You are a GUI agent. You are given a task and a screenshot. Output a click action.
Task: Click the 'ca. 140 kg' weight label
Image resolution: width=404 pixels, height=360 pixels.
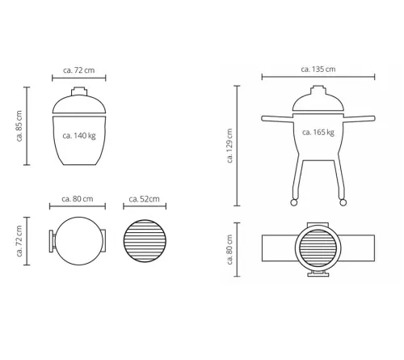pos(79,136)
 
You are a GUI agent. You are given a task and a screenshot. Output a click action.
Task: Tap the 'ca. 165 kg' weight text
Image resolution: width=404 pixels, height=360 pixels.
pos(318,133)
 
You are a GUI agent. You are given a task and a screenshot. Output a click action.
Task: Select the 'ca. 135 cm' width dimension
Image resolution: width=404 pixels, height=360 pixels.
pos(318,70)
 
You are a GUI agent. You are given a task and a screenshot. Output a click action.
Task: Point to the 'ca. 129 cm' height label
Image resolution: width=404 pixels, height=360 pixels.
pos(229,146)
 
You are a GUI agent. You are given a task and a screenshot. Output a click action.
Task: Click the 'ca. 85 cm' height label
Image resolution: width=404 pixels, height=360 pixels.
pos(19,125)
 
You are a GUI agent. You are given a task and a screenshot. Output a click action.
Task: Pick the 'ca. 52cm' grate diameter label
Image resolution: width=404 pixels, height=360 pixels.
pos(144,199)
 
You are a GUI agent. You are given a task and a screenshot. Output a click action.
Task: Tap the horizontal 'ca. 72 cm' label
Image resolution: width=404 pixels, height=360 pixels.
pos(79,70)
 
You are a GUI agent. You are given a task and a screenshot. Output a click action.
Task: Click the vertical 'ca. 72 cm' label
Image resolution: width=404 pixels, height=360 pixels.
pos(19,241)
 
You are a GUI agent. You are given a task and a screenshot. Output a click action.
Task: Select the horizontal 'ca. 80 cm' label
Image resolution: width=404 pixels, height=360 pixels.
pos(78,199)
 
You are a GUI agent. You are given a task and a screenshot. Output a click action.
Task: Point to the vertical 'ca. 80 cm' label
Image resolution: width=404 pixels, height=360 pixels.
pos(229,249)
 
